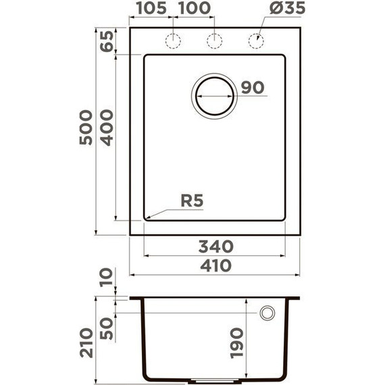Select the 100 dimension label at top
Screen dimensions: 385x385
[x=194, y=9]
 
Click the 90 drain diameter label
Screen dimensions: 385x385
[x=251, y=88]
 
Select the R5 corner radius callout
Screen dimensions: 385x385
[x=192, y=201]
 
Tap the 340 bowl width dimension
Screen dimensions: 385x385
[x=215, y=245]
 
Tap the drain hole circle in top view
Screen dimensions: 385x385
[x=215, y=95]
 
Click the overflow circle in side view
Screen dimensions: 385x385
[x=267, y=313]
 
